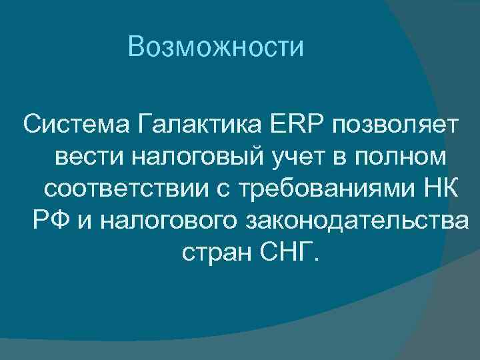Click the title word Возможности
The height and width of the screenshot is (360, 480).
click(x=217, y=47)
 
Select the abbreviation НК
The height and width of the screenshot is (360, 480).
click(x=440, y=188)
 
